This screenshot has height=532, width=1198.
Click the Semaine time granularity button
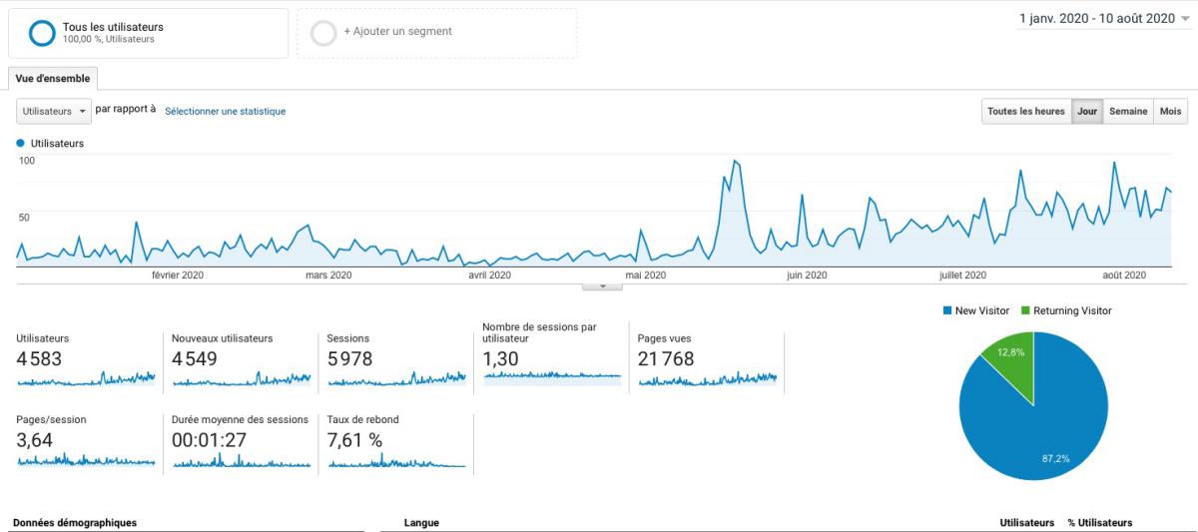tap(1128, 112)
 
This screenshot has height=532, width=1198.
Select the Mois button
tap(1170, 112)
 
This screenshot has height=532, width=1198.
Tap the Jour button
tap(1087, 112)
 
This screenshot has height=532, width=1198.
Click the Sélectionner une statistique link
tap(225, 112)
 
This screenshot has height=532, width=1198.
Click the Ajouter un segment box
tap(436, 32)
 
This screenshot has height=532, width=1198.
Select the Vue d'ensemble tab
tap(52, 78)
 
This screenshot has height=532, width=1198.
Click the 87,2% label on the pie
tap(1057, 458)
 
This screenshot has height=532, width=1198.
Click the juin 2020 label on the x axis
tap(807, 275)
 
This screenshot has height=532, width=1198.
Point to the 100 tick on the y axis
tap(25, 161)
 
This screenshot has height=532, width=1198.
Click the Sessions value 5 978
tap(349, 359)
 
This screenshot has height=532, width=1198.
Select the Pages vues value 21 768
tap(665, 359)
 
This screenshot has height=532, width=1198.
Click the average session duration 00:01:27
tap(210, 440)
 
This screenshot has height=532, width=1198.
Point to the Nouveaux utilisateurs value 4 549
tap(194, 359)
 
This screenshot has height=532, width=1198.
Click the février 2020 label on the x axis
tap(178, 275)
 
